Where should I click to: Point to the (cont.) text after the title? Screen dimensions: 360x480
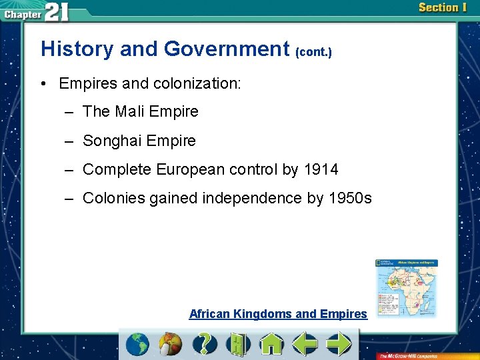coord(313,51)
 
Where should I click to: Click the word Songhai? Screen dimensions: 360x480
coord(112,141)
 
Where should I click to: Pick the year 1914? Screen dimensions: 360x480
coord(321,170)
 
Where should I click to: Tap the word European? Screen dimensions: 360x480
coord(191,170)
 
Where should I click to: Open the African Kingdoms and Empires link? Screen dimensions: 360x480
coord(278,313)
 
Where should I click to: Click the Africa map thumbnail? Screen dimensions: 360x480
coord(406,287)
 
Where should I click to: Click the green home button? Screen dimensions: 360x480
coord(272,345)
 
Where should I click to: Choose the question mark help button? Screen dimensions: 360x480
coord(205,345)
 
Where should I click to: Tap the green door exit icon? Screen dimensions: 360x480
coord(238,345)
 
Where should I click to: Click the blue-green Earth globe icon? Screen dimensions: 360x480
coord(137,345)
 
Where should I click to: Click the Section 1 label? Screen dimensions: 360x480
coord(442,7)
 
